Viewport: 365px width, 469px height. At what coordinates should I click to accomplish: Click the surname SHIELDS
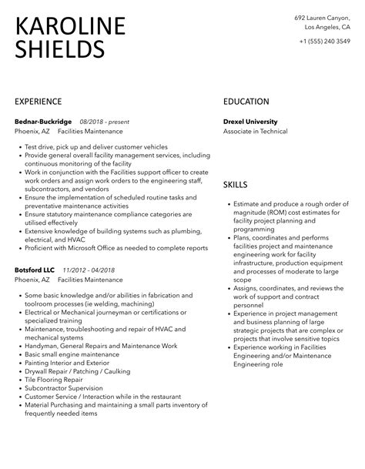[x=60, y=49]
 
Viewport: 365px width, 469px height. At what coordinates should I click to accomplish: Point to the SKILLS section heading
[x=236, y=185]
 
